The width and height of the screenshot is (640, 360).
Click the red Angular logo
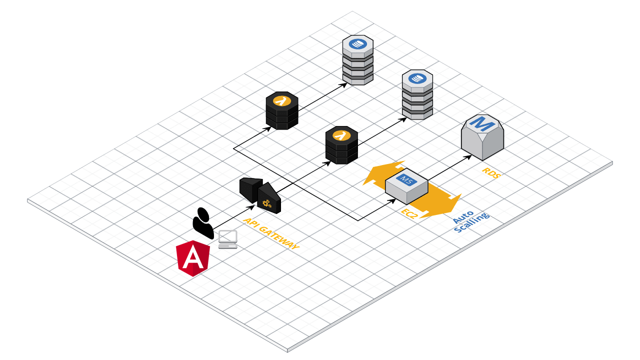click(x=192, y=258)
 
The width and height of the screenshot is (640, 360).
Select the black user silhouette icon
click(x=203, y=223)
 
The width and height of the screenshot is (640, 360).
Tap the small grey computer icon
click(x=228, y=239)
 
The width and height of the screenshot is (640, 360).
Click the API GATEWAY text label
click(x=271, y=233)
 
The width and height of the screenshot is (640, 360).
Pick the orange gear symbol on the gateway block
click(x=267, y=203)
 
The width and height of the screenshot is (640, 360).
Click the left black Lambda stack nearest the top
click(x=282, y=111)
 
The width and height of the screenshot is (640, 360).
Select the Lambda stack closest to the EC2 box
click(x=341, y=145)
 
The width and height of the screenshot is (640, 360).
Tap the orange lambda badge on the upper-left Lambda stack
click(x=282, y=100)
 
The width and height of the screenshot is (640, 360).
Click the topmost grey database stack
click(x=358, y=60)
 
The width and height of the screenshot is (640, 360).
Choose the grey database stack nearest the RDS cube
click(x=417, y=95)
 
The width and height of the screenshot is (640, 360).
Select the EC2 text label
click(x=408, y=212)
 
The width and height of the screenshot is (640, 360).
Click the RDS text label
click(x=491, y=173)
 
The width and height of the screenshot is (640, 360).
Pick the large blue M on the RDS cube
click(x=481, y=123)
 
